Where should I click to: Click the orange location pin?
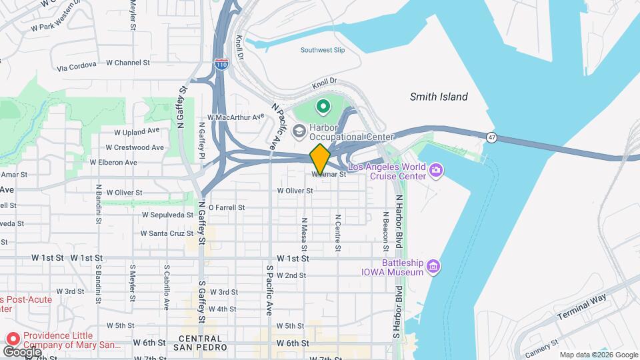point(320,158)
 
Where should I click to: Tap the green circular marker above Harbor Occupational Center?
point(323,106)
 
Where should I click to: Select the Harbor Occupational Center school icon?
point(299,130)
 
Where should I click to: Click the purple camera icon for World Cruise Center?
point(436,171)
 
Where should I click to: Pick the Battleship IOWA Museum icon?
point(433,267)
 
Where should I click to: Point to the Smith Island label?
point(439,97)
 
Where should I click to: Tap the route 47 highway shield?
point(491,137)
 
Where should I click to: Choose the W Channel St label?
point(132,63)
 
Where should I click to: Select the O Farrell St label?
point(227,207)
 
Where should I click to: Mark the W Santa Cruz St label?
point(167,233)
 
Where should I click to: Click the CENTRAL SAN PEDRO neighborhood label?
point(200,343)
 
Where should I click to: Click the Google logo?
point(21,351)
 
